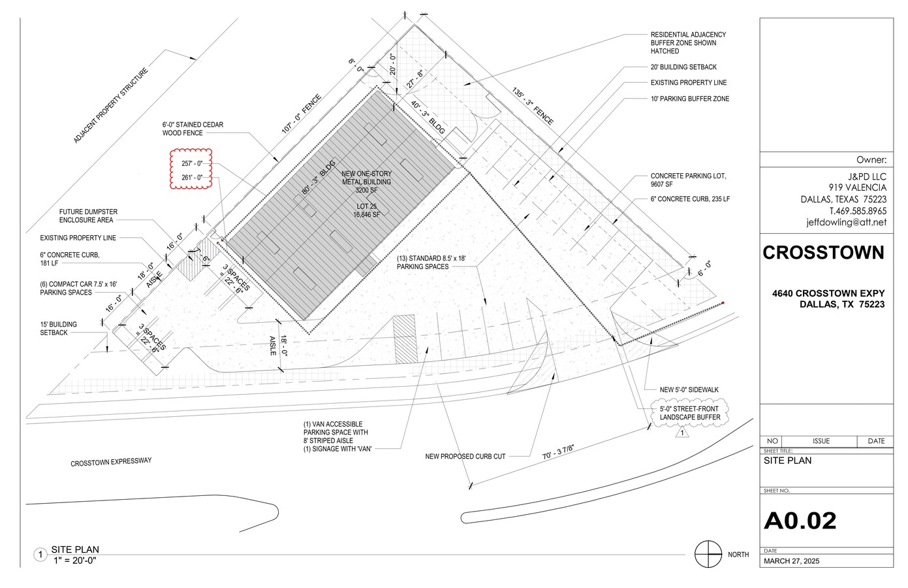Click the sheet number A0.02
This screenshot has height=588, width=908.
click(x=800, y=520)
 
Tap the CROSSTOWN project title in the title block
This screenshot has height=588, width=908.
click(x=823, y=252)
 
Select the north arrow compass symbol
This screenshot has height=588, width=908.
click(x=708, y=554)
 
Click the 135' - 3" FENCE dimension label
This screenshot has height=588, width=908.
click(x=532, y=106)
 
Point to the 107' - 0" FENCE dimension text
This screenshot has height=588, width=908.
click(x=302, y=114)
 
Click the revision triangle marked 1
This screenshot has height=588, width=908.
click(x=681, y=433)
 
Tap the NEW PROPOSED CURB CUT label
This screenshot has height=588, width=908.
click(x=465, y=457)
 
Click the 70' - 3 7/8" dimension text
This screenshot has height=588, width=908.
click(x=559, y=453)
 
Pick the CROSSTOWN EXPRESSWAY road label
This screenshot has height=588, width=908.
click(x=111, y=462)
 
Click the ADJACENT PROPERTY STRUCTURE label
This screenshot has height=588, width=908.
click(x=111, y=105)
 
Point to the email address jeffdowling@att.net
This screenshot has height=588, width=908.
click(x=846, y=222)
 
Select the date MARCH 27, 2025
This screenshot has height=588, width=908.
click(x=791, y=561)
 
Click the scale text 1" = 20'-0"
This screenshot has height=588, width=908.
click(x=75, y=561)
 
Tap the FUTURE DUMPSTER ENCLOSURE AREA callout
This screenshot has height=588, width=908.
click(x=88, y=216)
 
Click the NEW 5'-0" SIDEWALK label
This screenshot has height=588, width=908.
click(x=689, y=389)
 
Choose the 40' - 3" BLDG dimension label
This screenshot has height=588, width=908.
click(x=428, y=118)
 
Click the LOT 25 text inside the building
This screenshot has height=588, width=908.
click(x=366, y=206)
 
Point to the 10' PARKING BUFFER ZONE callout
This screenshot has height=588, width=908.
click(x=690, y=99)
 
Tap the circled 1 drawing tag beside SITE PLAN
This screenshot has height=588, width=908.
click(x=40, y=555)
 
